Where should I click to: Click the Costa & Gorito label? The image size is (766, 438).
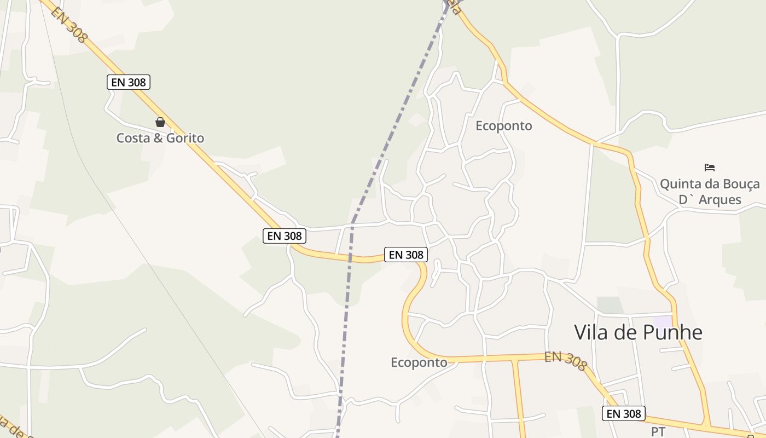click(x=160, y=138)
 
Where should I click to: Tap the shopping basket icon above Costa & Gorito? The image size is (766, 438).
click(x=160, y=122)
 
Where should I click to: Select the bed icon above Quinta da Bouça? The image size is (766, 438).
click(x=710, y=167)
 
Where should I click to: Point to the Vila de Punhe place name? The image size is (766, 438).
click(x=638, y=332)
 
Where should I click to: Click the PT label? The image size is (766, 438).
click(x=658, y=431)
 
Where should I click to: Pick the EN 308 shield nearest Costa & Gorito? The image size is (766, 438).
click(x=129, y=83)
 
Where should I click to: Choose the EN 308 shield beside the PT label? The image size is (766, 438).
click(x=624, y=413)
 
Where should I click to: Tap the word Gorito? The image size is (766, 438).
click(x=185, y=138)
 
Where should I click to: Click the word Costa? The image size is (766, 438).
click(x=133, y=138)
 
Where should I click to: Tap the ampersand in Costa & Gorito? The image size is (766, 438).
click(x=158, y=138)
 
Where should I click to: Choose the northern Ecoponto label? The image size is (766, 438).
click(x=503, y=126)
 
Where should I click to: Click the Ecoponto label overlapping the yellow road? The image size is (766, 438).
click(x=419, y=362)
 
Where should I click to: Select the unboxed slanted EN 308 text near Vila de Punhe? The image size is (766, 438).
click(x=566, y=361)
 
